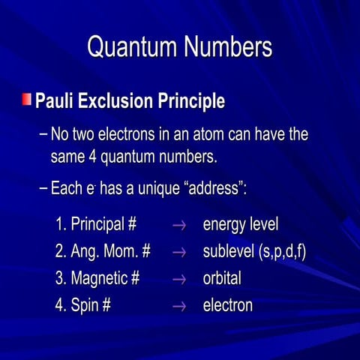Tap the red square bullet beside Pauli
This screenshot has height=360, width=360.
click(x=27, y=99)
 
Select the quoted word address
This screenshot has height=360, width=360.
click(x=211, y=188)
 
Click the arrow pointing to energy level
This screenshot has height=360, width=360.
click(x=178, y=225)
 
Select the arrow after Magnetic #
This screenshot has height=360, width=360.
click(x=178, y=279)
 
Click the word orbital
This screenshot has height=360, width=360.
click(x=222, y=278)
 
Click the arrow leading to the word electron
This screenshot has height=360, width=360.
click(x=178, y=306)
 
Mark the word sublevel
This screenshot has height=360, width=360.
click(x=228, y=251)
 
